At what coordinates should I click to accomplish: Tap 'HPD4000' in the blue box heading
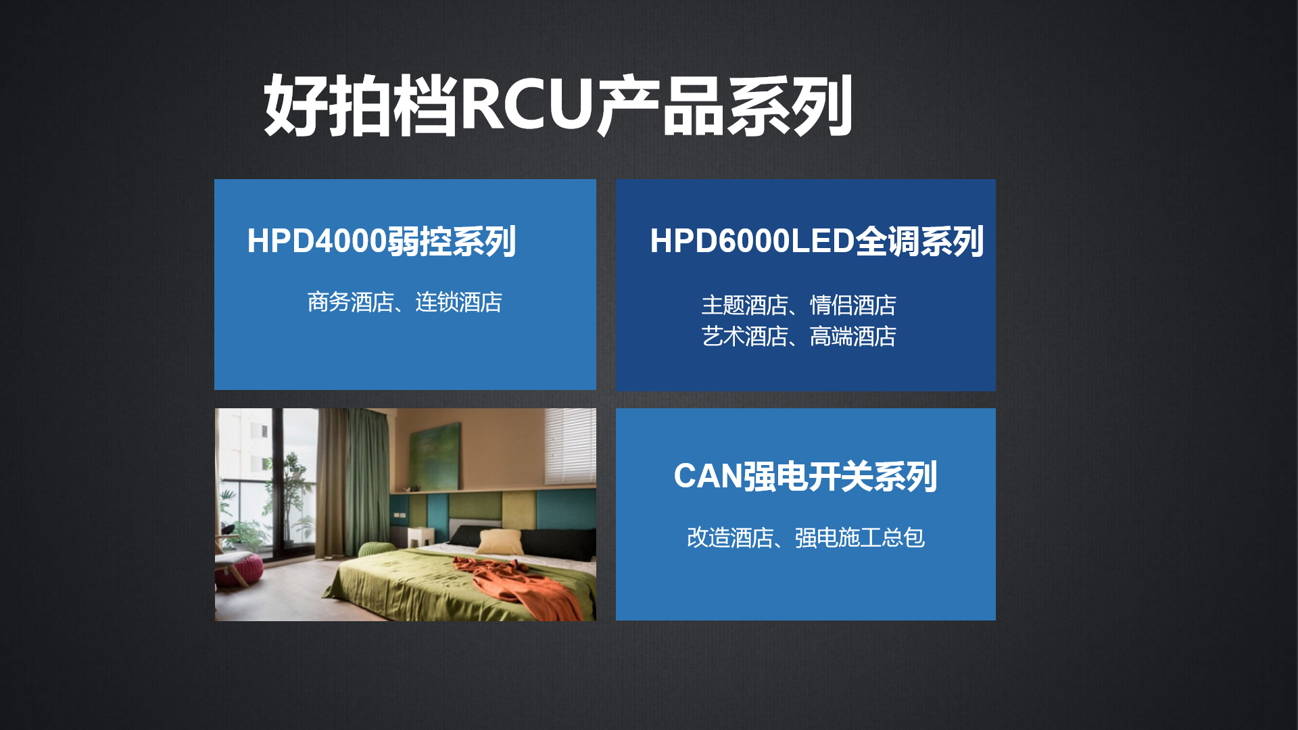click(317, 241)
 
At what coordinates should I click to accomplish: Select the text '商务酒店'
click(350, 302)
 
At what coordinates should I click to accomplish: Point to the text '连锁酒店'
click(458, 302)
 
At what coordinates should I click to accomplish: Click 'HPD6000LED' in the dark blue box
click(752, 241)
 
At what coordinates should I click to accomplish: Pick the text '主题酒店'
click(744, 305)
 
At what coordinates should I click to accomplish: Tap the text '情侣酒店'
click(853, 305)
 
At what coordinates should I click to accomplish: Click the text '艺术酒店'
click(744, 336)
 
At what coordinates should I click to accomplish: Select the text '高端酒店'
click(853, 336)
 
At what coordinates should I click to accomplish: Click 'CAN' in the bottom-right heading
click(708, 476)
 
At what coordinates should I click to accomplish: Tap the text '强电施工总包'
click(860, 537)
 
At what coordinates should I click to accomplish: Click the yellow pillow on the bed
click(501, 542)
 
